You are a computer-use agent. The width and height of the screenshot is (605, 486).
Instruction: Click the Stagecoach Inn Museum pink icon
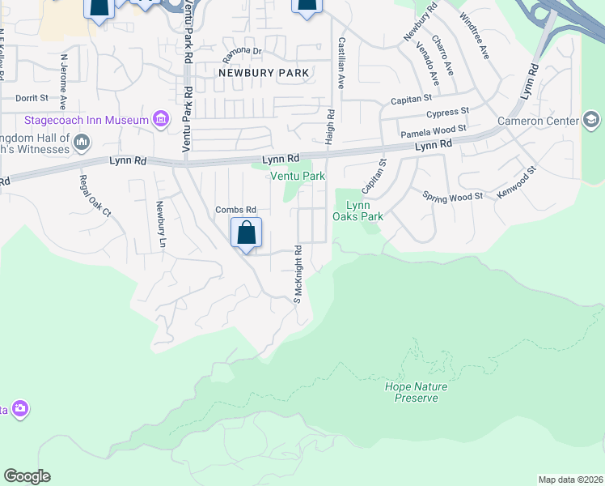pyautogui.click(x=160, y=121)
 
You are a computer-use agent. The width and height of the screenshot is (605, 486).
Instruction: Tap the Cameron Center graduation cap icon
pyautogui.click(x=591, y=121)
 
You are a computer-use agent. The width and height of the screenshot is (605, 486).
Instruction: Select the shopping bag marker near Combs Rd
pyautogui.click(x=247, y=233)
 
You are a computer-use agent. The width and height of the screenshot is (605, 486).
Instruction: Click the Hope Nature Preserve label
pyautogui.click(x=416, y=392)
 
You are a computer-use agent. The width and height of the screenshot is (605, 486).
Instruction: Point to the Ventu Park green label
pyautogui.click(x=298, y=176)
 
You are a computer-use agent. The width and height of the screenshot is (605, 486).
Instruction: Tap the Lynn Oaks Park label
pyautogui.click(x=357, y=211)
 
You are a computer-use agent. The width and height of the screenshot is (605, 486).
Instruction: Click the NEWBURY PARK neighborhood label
pyautogui.click(x=264, y=73)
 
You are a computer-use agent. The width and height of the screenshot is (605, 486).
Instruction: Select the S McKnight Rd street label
pyautogui.click(x=297, y=275)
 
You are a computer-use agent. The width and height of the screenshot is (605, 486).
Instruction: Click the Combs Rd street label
pyautogui.click(x=235, y=210)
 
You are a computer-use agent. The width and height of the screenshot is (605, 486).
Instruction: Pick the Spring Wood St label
pyautogui.click(x=453, y=196)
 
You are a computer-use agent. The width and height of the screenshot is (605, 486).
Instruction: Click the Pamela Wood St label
pyautogui.click(x=434, y=130)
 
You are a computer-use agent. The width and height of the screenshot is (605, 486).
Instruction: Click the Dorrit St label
pyautogui.click(x=32, y=97)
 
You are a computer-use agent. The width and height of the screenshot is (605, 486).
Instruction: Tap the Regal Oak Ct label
pyautogui.click(x=95, y=195)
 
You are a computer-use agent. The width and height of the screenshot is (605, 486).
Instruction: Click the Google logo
pyautogui.click(x=27, y=476)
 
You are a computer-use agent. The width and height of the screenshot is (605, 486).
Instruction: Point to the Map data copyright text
pyautogui.click(x=570, y=480)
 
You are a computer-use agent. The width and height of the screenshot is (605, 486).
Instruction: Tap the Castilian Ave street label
pyautogui.click(x=342, y=62)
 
